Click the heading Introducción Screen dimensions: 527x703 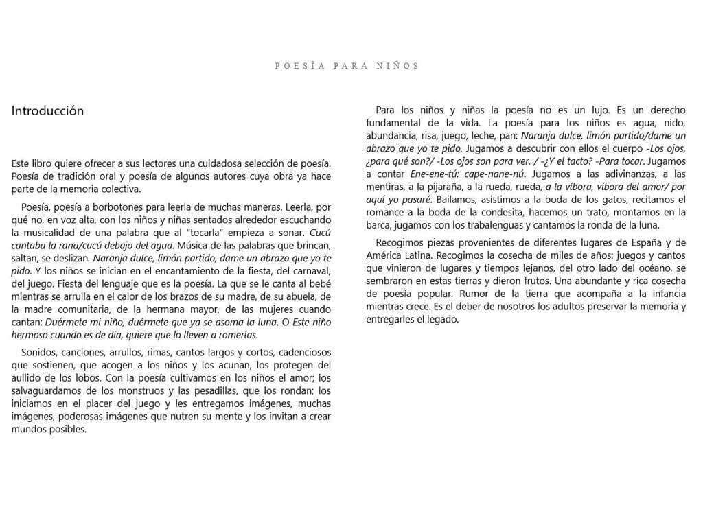[47, 111]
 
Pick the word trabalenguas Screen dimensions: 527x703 [500, 226]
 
